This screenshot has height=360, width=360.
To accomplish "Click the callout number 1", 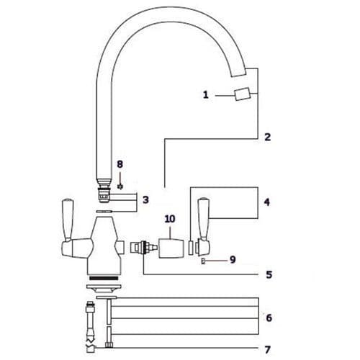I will pos(205,95).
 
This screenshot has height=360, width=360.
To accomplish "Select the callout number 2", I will pos(267,137).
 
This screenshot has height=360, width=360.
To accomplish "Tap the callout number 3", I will pos(145,199).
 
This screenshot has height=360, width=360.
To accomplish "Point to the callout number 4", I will pos(267,203).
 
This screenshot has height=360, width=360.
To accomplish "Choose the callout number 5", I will pos(267,274).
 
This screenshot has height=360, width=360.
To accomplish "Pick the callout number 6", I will pos(267,318).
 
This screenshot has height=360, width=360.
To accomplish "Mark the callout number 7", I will pos(267,350).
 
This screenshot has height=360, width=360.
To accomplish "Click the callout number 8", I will pos(120,165).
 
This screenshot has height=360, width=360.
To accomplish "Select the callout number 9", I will pos(233,260).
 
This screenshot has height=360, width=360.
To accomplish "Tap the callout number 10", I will pos(170,218).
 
